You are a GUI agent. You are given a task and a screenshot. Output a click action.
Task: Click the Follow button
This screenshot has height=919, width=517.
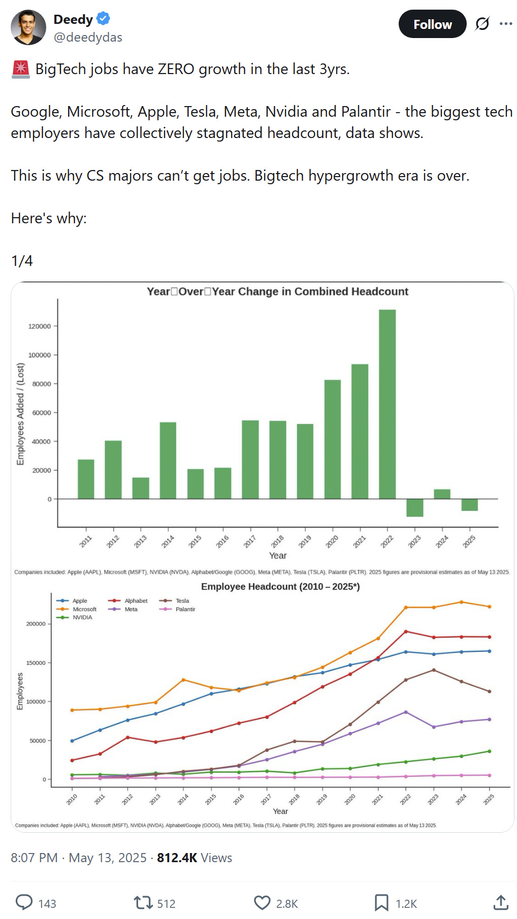point(432,24)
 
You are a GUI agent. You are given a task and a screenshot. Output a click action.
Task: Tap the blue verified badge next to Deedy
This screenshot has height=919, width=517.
point(103,19)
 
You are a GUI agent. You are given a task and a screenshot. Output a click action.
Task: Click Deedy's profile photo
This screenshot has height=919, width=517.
point(28,27)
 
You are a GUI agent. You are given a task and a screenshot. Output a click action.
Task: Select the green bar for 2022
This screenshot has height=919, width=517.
point(387,404)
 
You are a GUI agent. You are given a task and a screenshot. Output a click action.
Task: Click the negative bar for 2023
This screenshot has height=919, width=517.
point(414,507)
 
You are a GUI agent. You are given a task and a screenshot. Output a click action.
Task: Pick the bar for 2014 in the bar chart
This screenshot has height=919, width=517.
point(168,460)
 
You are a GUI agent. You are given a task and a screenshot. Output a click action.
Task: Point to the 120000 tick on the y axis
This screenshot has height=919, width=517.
point(40,326)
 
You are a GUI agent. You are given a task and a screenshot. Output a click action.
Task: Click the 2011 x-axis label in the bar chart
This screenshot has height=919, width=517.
point(85,541)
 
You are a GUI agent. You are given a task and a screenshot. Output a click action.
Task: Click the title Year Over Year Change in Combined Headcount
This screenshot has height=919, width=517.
point(277,291)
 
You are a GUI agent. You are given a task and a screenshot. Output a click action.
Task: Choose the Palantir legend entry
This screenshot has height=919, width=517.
point(185,609)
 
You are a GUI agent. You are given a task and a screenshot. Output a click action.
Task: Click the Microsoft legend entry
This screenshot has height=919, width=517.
point(84,609)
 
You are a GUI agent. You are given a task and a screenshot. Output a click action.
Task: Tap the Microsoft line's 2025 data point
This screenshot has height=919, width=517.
point(490,607)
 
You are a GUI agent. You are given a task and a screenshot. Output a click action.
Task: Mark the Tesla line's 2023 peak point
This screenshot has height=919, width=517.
point(434,670)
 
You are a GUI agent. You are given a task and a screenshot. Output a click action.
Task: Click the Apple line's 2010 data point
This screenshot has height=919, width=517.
point(72,741)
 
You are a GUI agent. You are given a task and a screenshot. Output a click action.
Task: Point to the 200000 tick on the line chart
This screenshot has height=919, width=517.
point(36,624)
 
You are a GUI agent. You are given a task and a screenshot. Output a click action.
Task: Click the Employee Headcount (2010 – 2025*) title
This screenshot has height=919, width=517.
point(280,587)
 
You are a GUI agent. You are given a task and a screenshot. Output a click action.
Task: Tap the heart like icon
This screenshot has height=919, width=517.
point(262,903)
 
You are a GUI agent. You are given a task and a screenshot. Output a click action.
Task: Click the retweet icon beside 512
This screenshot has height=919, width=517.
point(143,903)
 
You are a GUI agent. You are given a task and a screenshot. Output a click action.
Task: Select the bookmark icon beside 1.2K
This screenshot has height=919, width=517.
point(381,903)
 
